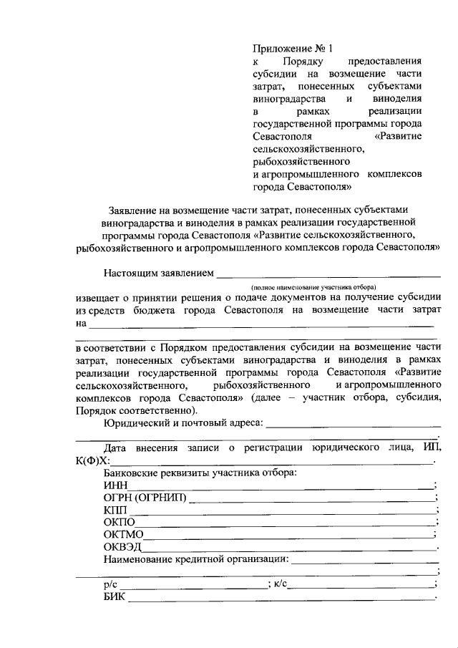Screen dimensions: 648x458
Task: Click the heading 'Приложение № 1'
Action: pyautogui.click(x=293, y=49)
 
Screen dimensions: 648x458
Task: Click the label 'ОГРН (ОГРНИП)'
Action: pyautogui.click(x=144, y=498)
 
